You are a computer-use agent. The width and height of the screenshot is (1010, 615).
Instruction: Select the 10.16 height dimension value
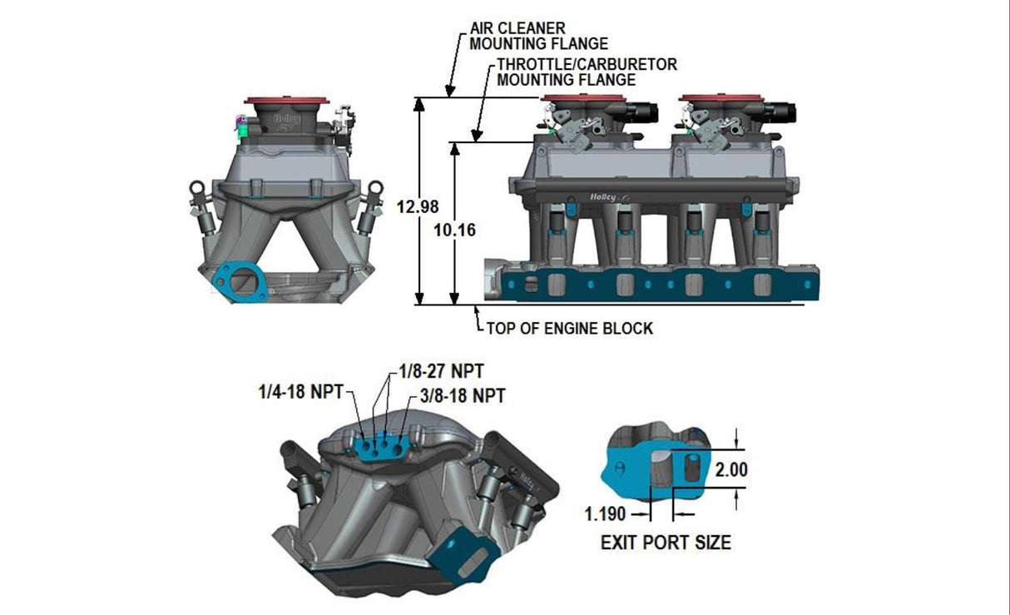point(455,230)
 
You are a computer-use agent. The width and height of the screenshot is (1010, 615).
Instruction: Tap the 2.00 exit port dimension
point(731,469)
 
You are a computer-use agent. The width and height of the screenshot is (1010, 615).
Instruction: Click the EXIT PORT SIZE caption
point(666,543)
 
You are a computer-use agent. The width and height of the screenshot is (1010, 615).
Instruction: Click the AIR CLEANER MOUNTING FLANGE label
point(538,36)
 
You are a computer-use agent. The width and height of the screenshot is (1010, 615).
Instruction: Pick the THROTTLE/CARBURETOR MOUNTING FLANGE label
point(587,72)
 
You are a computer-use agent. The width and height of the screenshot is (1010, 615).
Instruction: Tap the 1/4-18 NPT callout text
point(300,392)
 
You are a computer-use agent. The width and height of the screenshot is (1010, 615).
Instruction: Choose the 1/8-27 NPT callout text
point(442,370)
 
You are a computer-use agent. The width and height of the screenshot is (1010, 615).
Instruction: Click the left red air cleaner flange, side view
point(582,100)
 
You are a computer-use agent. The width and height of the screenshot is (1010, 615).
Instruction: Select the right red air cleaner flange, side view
point(720,100)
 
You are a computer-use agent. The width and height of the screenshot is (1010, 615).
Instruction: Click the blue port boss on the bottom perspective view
point(384,449)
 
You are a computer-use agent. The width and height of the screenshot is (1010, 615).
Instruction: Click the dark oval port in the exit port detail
point(688,469)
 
